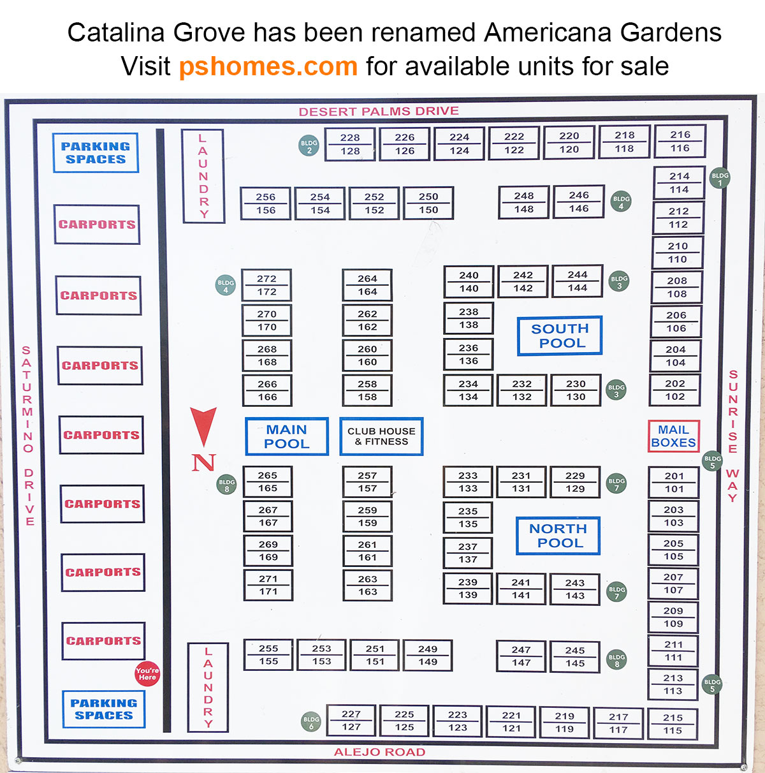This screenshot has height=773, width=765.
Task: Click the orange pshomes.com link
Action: [x=268, y=66]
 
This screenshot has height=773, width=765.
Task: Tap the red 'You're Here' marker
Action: [x=147, y=674]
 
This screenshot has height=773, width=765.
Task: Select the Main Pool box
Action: [x=287, y=436]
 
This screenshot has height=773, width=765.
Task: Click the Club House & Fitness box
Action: [x=381, y=436]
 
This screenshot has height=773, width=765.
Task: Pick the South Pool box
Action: [x=560, y=335]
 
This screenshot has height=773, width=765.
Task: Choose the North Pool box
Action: [x=558, y=536]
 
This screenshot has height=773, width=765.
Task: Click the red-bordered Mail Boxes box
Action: [x=674, y=436]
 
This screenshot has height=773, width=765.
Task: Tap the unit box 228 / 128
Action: [x=350, y=144]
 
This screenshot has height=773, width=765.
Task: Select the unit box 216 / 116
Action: [x=680, y=141]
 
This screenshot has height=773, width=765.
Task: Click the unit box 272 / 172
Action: [x=266, y=285]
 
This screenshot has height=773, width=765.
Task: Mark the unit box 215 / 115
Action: [x=673, y=724]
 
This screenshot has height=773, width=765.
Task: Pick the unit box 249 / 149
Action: [x=428, y=655]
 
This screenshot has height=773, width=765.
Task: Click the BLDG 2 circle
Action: [x=309, y=146]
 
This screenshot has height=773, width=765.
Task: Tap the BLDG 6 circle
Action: [x=311, y=722]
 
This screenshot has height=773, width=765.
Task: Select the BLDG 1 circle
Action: [x=720, y=178]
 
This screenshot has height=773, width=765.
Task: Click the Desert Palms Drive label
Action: [x=379, y=111]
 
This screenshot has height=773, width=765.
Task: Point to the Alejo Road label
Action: [x=379, y=752]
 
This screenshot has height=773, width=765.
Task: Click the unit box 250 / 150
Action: [x=428, y=203]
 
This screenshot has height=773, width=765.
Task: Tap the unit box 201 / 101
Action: [x=674, y=482]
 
